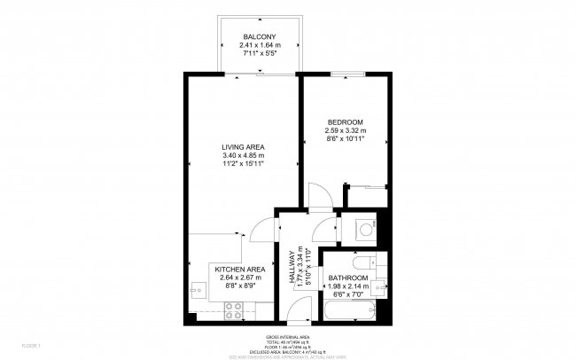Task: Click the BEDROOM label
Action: [x=345, y=121]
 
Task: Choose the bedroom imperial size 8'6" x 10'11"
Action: [x=345, y=140]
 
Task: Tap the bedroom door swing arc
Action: [x=320, y=195]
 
